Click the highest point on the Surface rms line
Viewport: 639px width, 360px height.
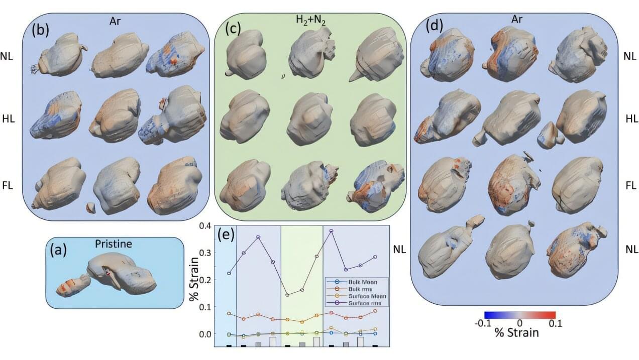point(332,230)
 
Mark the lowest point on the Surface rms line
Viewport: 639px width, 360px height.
point(287,295)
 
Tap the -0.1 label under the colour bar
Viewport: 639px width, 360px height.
point(483,323)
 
